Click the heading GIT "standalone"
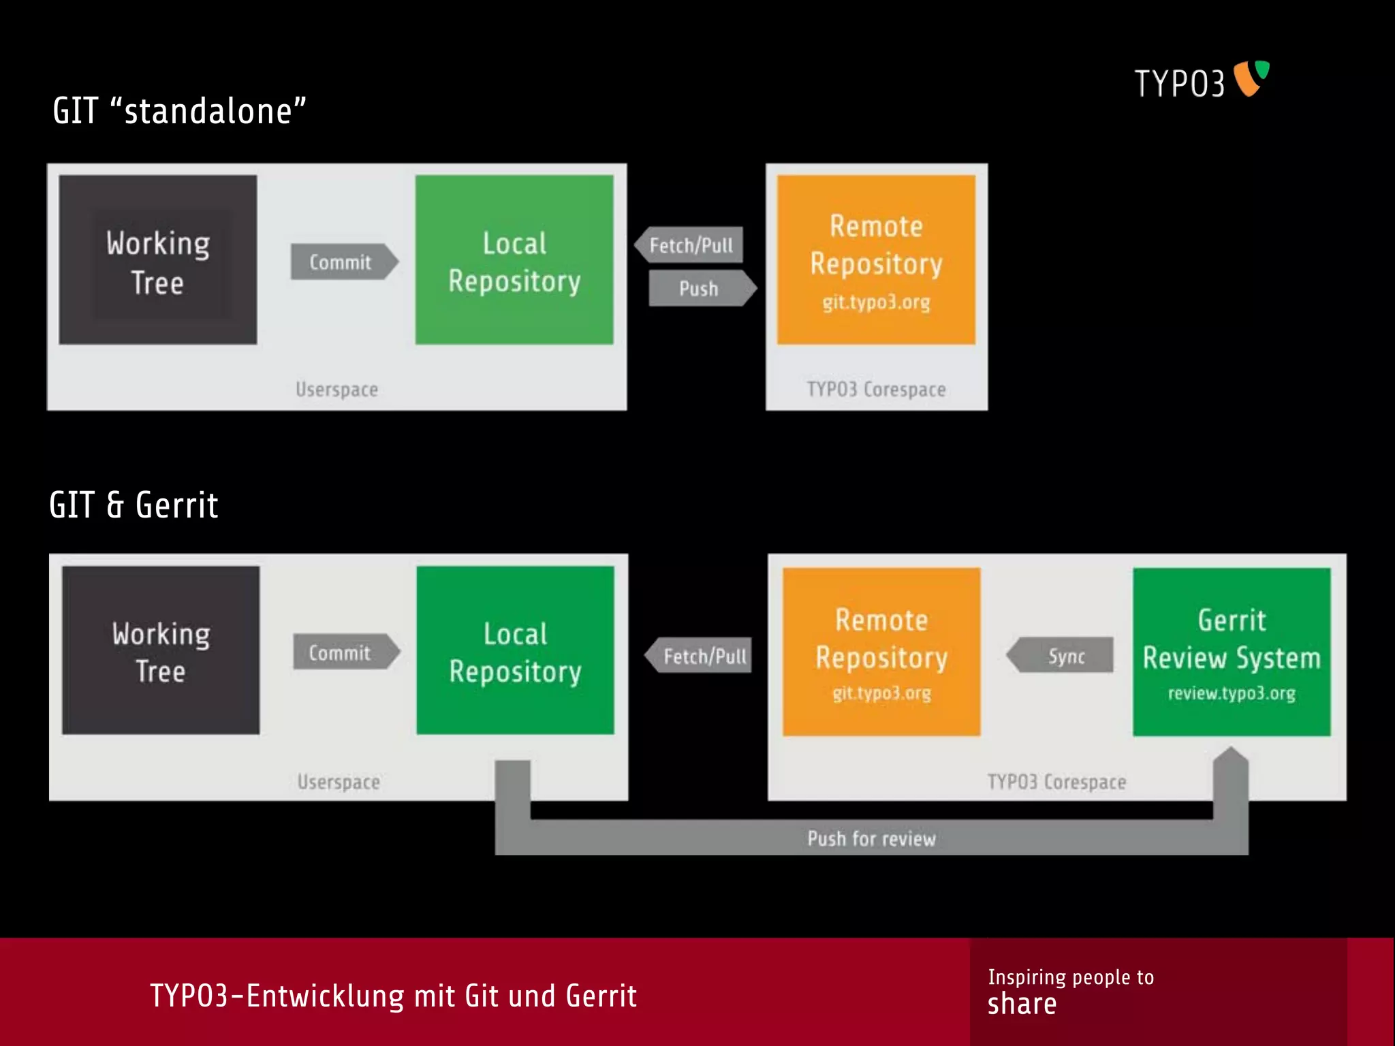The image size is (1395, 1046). [179, 111]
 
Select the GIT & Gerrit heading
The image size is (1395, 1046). [134, 505]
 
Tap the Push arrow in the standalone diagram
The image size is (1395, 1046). [700, 288]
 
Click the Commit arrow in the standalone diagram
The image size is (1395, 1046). [343, 261]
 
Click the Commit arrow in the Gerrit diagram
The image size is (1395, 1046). [344, 652]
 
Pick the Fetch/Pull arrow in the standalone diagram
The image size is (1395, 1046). [689, 245]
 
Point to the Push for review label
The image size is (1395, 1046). [871, 838]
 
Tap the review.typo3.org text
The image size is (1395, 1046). [1232, 693]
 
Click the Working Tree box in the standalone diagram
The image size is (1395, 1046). [158, 260]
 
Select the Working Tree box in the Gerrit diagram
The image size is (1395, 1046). [161, 650]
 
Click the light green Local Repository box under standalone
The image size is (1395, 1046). [514, 260]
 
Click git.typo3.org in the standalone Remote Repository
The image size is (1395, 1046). [876, 302]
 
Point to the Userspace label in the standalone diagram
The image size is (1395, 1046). [336, 390]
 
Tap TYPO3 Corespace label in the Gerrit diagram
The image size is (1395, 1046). [1056, 782]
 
